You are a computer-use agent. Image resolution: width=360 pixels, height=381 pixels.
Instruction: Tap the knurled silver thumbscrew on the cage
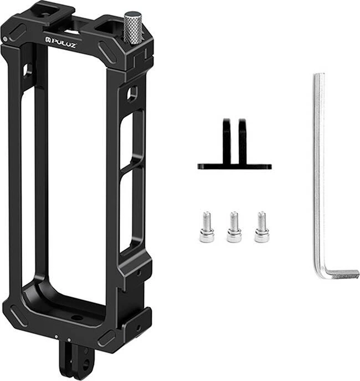(132, 28)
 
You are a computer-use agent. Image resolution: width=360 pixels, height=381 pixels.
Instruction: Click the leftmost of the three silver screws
(207, 227)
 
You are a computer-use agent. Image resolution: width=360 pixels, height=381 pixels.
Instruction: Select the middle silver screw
(234, 227)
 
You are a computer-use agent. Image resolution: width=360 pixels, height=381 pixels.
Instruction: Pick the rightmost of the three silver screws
(261, 227)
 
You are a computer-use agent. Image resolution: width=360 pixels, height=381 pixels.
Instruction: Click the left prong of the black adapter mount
(227, 141)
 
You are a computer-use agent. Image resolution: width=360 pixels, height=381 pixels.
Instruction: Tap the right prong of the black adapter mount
(242, 141)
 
